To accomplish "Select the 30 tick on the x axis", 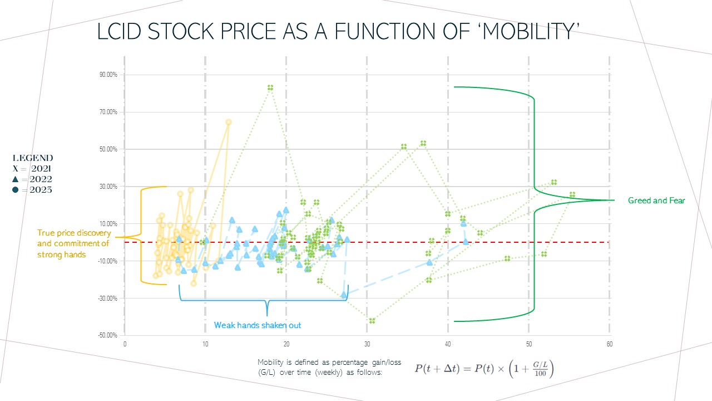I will (x=367, y=344).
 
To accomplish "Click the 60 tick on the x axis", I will (x=610, y=344).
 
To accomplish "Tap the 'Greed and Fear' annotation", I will (x=656, y=200).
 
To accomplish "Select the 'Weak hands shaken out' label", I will (x=258, y=325).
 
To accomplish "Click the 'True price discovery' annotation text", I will (x=74, y=233).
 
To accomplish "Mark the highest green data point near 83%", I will (x=270, y=87).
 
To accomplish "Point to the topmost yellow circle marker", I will (x=228, y=122).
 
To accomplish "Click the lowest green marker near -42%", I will (x=372, y=321).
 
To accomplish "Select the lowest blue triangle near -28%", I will (x=344, y=294).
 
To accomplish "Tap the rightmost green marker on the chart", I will (x=572, y=194).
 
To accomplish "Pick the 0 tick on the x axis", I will (x=125, y=344).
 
